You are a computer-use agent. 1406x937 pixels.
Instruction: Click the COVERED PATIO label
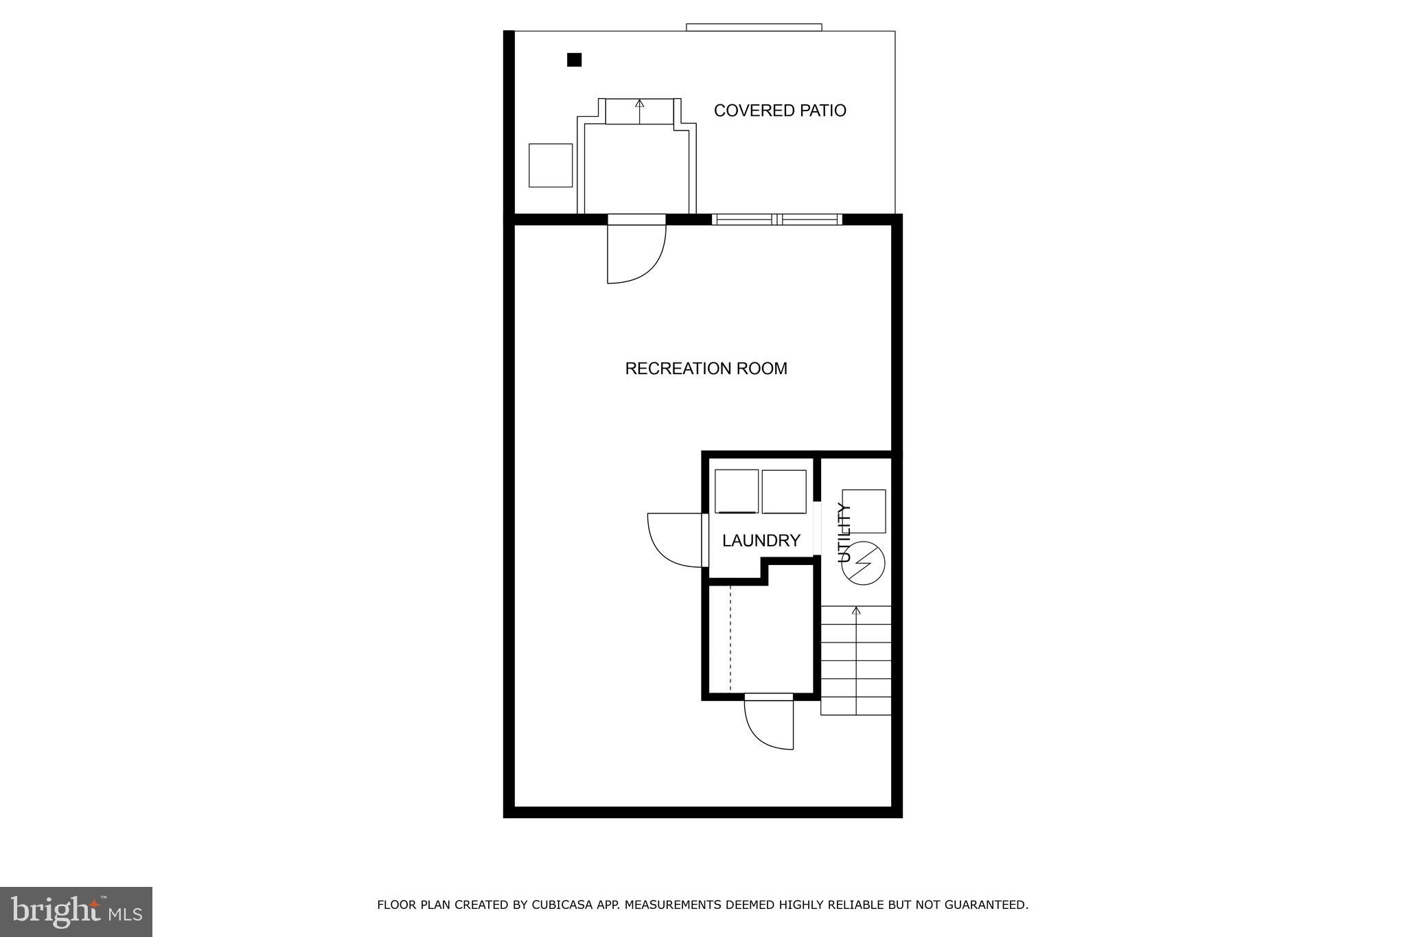[780, 111]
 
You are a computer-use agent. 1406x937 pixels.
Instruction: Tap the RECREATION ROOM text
[706, 369]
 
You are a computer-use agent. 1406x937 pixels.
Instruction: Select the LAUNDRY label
[761, 541]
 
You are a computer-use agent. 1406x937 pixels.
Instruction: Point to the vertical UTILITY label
[844, 533]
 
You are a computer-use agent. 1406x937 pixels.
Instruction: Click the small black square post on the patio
[574, 60]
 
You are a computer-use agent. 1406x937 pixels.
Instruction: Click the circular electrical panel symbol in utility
[863, 564]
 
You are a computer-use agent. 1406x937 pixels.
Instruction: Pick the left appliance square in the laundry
[737, 491]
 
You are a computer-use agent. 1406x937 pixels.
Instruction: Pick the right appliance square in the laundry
[784, 491]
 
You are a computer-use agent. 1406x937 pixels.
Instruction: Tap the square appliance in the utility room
[864, 511]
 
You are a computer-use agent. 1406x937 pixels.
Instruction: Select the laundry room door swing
[674, 540]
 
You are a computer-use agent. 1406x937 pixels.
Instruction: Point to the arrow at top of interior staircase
[855, 610]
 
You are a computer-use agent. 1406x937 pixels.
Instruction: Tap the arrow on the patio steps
[640, 104]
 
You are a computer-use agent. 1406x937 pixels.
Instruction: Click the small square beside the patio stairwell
[551, 165]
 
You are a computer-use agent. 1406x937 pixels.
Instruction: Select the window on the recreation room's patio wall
[777, 220]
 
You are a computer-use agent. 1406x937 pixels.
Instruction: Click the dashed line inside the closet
[730, 638]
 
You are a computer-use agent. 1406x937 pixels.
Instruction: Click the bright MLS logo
[76, 912]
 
